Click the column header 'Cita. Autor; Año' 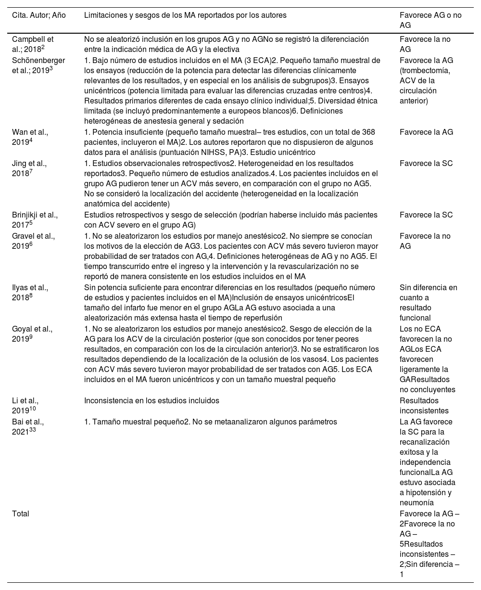[x=38, y=15]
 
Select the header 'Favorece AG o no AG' [x=430, y=20]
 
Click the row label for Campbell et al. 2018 [x=33, y=44]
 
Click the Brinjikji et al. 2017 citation [x=35, y=220]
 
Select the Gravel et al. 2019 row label [x=33, y=241]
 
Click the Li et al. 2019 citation [x=25, y=406]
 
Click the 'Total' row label [x=21, y=513]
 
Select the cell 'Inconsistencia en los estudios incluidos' [x=152, y=401]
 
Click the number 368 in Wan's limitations [x=367, y=132]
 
